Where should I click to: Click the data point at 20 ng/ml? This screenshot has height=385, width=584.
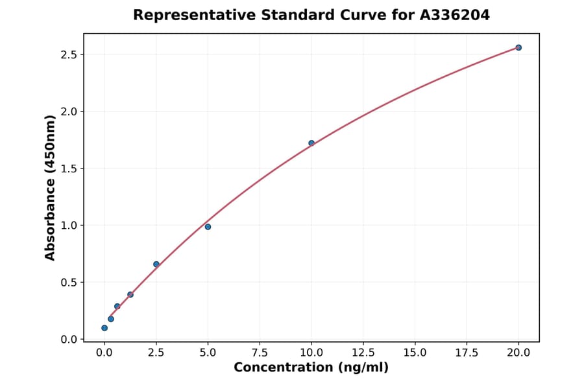[x=518, y=47]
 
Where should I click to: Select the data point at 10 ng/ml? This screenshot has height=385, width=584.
[x=311, y=143]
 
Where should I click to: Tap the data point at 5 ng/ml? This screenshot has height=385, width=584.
[x=208, y=227]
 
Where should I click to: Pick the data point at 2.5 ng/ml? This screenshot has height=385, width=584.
[x=156, y=264]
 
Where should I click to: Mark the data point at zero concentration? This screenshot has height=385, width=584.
[x=104, y=328]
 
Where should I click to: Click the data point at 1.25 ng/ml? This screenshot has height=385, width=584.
[x=130, y=294]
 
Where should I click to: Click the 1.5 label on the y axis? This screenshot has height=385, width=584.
[x=69, y=169]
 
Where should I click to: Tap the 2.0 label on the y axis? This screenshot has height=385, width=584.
[x=69, y=111]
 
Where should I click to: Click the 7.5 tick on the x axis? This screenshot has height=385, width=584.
[x=260, y=342]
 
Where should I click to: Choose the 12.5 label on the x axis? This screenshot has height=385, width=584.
[x=363, y=353]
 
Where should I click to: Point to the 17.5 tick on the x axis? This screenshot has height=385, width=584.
[x=467, y=342]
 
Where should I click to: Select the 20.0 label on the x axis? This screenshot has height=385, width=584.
[x=518, y=353]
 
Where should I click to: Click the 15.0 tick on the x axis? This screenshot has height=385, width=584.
[x=415, y=342]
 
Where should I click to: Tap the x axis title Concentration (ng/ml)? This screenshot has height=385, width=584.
[x=311, y=368]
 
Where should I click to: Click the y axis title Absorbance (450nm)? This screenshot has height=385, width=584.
[x=51, y=187]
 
